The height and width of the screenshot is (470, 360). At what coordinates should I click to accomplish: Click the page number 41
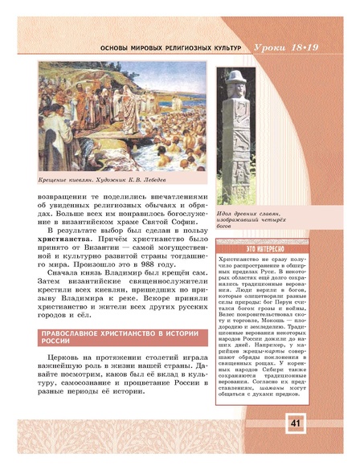[294, 444]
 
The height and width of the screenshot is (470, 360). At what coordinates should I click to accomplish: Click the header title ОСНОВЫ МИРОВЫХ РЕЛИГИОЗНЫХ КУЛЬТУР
[169, 50]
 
